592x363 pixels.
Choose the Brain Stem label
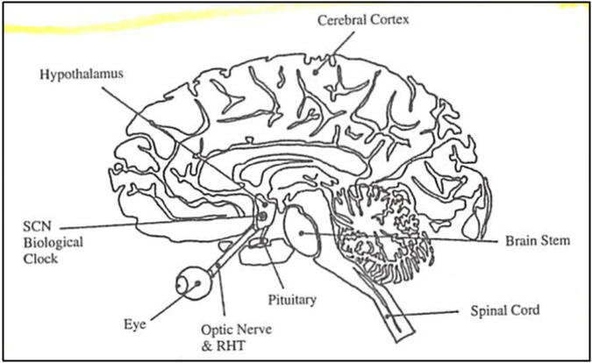537,240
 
